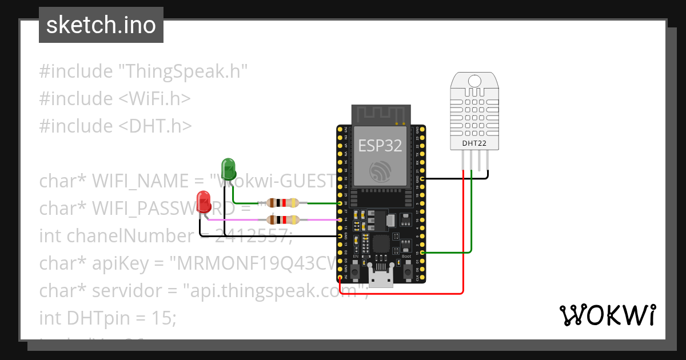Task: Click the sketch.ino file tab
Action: click(101, 25)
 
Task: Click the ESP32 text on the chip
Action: click(380, 146)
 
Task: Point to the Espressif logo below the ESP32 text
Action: click(380, 171)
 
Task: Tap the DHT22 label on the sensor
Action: click(474, 143)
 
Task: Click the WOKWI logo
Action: click(607, 315)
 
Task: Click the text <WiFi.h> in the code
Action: click(154, 99)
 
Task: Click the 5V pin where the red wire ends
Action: click(340, 278)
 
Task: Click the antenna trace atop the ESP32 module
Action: click(380, 115)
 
